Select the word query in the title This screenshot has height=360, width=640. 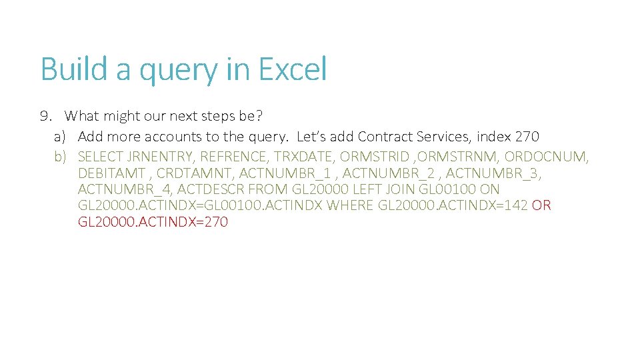[178, 71]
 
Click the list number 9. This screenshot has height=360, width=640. [45, 116]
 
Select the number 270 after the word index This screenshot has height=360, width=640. [527, 137]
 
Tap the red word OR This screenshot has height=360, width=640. [541, 205]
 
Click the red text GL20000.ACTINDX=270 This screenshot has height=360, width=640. [153, 221]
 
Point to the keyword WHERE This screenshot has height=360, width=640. [352, 205]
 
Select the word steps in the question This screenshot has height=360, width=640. [217, 117]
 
